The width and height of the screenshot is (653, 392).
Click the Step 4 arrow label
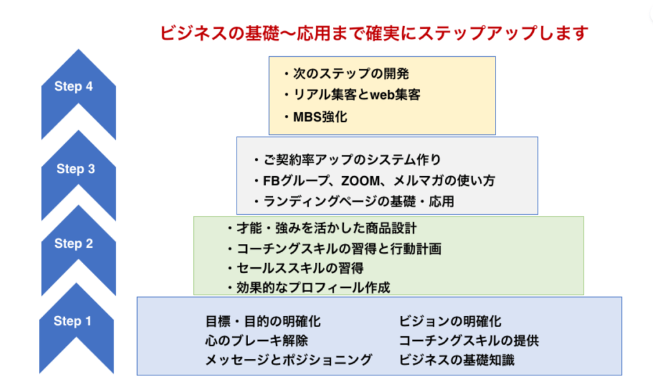(x=73, y=86)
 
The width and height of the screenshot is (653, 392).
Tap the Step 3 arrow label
(x=76, y=169)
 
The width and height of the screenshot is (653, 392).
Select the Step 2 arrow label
(x=74, y=243)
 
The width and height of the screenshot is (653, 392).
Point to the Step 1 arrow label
(x=73, y=321)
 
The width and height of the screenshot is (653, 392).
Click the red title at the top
(x=374, y=33)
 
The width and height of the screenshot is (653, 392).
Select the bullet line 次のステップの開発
(x=346, y=74)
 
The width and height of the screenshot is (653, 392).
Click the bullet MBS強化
(x=316, y=117)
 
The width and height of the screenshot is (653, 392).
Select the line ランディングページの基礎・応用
(x=354, y=202)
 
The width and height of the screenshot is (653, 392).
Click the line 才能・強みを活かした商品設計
(x=322, y=229)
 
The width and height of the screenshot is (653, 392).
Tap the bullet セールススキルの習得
(x=295, y=268)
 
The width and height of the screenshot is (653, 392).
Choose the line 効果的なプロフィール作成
(x=309, y=288)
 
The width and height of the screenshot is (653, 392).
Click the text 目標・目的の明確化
(x=263, y=322)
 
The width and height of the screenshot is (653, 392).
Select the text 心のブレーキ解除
(x=256, y=341)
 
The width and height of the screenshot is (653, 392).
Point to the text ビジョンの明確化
(x=450, y=322)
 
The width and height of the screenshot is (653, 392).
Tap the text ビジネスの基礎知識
(x=457, y=360)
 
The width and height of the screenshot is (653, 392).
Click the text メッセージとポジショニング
(x=289, y=360)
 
